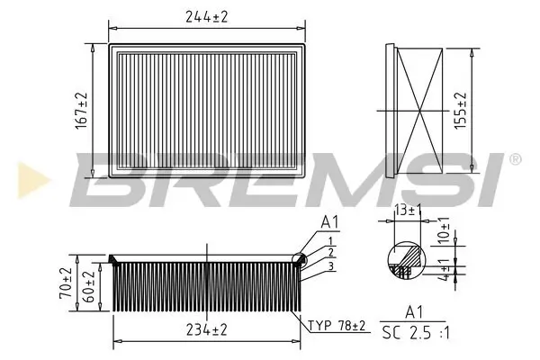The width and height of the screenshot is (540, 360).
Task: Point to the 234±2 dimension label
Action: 206,330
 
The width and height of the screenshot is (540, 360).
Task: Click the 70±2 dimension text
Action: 66,283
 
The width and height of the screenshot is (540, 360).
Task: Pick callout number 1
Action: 331,240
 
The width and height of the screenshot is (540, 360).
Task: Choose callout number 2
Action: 331,253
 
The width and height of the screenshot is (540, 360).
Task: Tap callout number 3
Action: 331,266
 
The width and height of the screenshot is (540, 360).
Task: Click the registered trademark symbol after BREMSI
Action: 515,159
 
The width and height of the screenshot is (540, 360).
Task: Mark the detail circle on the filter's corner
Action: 300,260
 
